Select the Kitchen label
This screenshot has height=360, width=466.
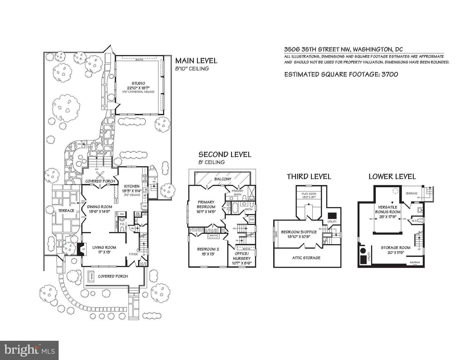point(132,186)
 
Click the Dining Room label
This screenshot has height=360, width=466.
point(100,207)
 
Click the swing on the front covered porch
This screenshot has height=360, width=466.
point(91,276)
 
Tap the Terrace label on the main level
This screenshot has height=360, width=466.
point(66,211)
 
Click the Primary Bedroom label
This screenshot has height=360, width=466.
point(206,204)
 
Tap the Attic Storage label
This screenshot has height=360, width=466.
point(306,258)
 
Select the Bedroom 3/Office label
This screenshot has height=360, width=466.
point(299,232)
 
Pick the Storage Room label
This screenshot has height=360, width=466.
point(395,248)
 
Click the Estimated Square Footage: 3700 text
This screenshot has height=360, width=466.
point(341,74)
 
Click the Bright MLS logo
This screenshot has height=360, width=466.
point(29,350)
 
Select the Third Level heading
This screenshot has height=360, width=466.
point(309,177)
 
